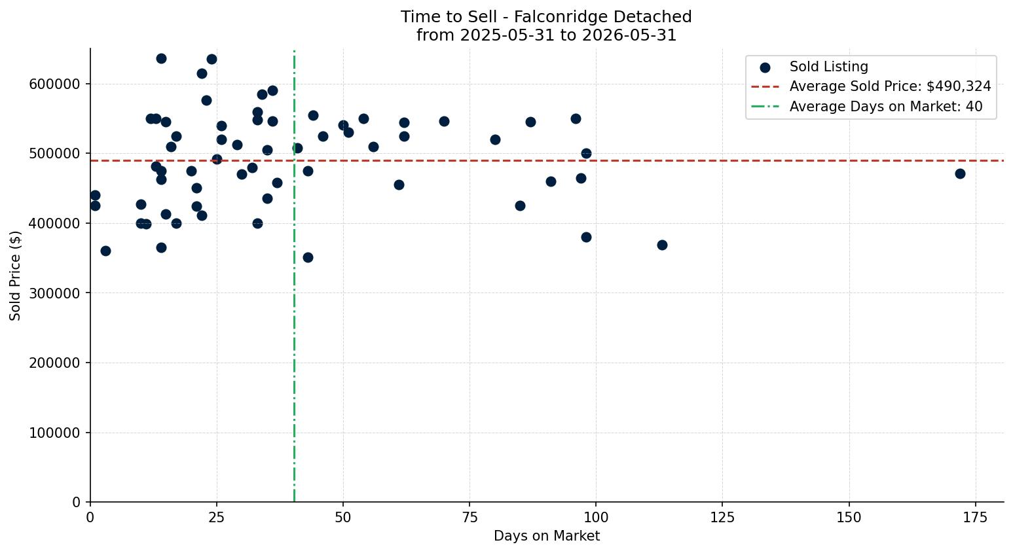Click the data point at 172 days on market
[960, 174]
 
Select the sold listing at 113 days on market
[662, 245]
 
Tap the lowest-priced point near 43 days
[308, 258]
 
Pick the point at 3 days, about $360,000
[105, 251]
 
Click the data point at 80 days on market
[495, 139]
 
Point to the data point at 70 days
[444, 122]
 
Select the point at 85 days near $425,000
[520, 206]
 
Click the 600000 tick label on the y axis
[54, 84]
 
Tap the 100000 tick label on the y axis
[54, 433]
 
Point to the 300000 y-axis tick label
[54, 293]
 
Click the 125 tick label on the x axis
[722, 518]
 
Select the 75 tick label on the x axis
[470, 518]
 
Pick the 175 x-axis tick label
[976, 518]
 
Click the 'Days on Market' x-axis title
[547, 536]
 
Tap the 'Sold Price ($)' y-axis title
[15, 276]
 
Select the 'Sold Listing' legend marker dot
[765, 68]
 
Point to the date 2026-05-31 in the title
[629, 35]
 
